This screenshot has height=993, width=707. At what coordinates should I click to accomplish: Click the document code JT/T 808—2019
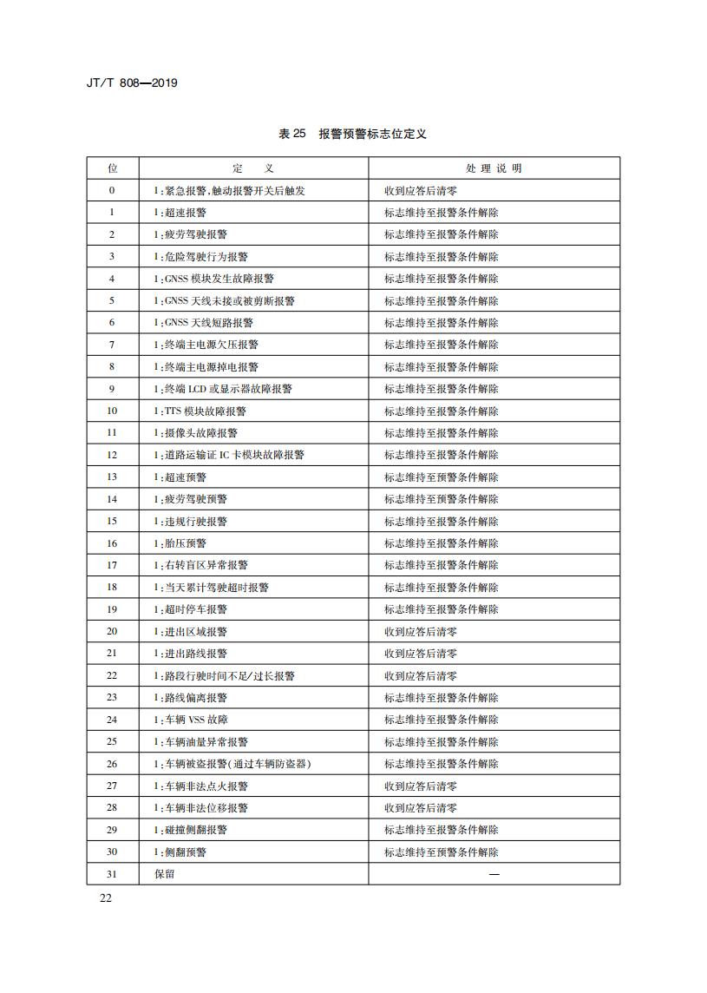click(133, 84)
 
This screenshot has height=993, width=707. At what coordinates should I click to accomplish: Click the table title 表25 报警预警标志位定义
click(352, 134)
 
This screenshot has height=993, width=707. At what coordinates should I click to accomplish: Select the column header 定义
click(253, 168)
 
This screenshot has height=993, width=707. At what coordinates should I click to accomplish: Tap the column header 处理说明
click(494, 168)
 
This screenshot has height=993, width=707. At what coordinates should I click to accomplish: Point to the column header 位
click(112, 168)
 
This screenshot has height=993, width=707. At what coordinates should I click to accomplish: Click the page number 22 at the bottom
click(106, 898)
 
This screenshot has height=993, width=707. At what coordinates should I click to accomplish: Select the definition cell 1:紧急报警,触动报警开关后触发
click(229, 191)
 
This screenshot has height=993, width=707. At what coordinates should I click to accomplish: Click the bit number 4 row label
click(112, 279)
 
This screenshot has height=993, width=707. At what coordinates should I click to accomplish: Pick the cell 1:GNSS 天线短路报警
click(204, 323)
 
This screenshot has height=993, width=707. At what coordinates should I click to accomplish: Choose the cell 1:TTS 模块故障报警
click(200, 411)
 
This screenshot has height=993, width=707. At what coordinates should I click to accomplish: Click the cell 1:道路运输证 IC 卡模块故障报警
click(229, 455)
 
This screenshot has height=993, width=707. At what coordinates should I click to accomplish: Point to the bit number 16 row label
click(112, 543)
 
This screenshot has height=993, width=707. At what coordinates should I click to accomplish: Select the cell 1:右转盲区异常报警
click(201, 565)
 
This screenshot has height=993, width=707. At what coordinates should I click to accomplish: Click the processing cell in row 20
click(421, 632)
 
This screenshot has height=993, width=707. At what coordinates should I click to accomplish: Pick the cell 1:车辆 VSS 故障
click(192, 720)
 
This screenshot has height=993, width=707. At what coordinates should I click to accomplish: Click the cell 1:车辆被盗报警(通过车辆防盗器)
click(232, 764)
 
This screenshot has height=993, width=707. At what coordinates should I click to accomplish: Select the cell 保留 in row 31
click(165, 874)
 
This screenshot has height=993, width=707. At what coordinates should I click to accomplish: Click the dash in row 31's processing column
click(494, 874)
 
